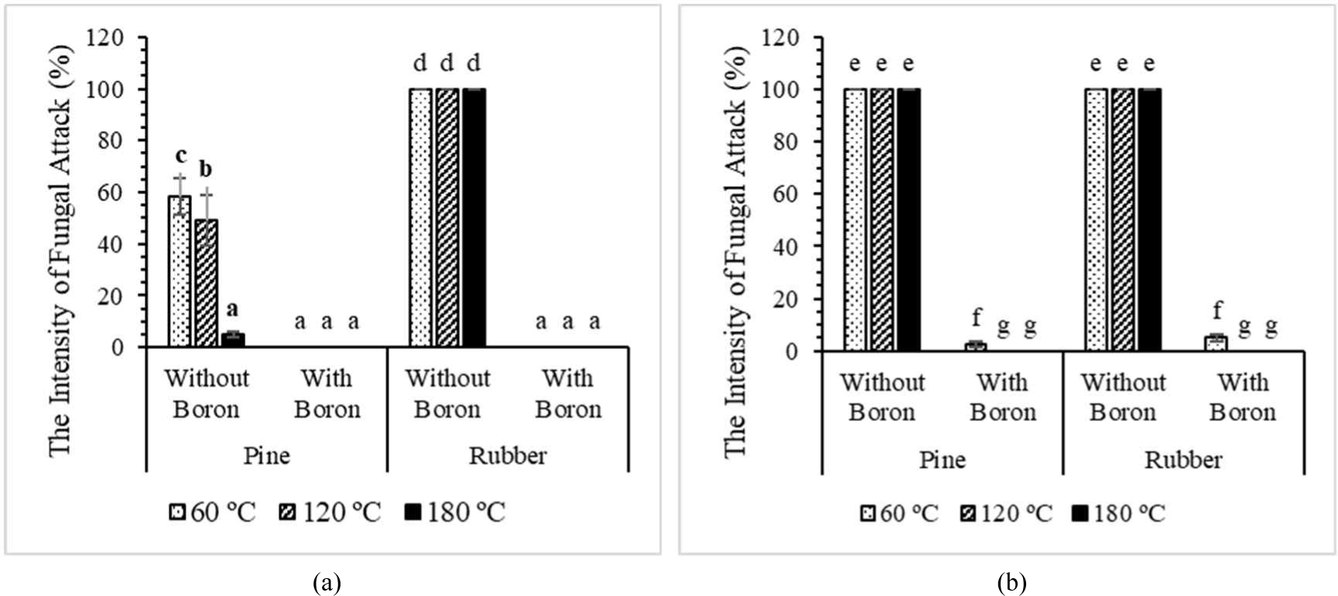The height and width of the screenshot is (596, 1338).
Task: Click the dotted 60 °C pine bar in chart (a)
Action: pos(180,272)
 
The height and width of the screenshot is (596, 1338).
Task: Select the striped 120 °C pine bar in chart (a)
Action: pos(207,283)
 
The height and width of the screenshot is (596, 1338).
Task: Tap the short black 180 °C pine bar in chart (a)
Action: pos(233,341)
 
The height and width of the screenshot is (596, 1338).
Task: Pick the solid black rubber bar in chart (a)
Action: pos(474,218)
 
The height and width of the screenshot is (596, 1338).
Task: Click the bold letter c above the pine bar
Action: pos(180,156)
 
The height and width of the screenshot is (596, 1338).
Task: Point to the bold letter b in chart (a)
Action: pos(206,168)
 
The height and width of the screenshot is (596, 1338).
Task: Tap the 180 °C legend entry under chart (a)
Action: pos(455,512)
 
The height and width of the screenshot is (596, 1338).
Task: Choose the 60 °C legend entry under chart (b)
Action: pos(899,512)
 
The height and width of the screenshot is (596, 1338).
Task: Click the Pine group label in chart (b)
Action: pos(942,460)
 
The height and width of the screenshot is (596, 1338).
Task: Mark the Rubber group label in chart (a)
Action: pos(508,455)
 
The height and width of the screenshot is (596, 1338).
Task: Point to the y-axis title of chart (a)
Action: pos(60,251)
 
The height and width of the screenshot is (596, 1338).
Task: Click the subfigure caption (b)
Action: pos(1011,582)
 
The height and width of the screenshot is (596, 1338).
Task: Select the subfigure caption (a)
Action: pos(327,582)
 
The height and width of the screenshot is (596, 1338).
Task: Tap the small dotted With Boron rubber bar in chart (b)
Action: pos(1217,344)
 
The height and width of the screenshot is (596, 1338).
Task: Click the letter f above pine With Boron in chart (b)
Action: pos(977,317)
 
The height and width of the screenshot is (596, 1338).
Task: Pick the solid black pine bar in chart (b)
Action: pos(909,220)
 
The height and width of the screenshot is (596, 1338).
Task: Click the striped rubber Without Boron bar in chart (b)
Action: pos(1123,220)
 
